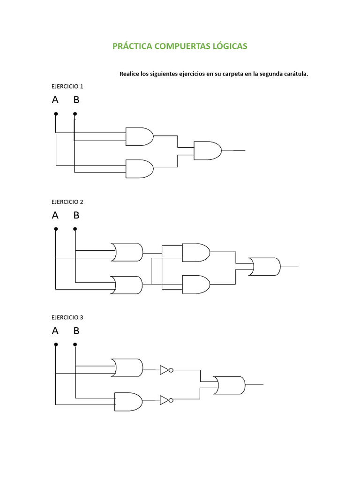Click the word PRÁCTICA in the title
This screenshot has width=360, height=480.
132,46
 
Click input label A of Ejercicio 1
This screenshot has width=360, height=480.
55,100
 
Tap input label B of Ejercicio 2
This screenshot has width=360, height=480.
76,215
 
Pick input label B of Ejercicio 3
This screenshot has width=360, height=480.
76,330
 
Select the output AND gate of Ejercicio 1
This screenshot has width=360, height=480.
207,150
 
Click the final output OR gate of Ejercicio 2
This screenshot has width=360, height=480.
265,266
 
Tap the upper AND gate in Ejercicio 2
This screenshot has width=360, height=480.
196,252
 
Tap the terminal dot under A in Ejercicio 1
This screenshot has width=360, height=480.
56,113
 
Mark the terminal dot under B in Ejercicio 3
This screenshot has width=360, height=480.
75,344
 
